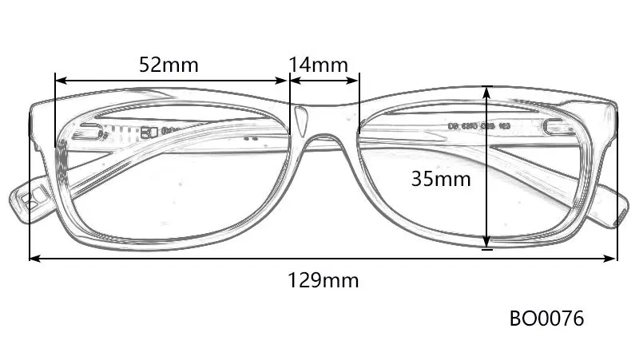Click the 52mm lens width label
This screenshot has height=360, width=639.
[x=169, y=64]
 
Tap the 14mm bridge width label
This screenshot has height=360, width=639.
[x=318, y=64]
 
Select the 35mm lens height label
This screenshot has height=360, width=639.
[x=441, y=179]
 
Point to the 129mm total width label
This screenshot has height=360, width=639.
[x=323, y=280]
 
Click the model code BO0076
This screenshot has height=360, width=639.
[x=547, y=319]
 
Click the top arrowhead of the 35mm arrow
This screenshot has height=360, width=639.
[x=487, y=91]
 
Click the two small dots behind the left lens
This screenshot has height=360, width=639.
[x=251, y=138]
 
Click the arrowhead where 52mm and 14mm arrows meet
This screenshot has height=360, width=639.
[x=288, y=80]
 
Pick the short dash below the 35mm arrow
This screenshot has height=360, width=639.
[x=487, y=250]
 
